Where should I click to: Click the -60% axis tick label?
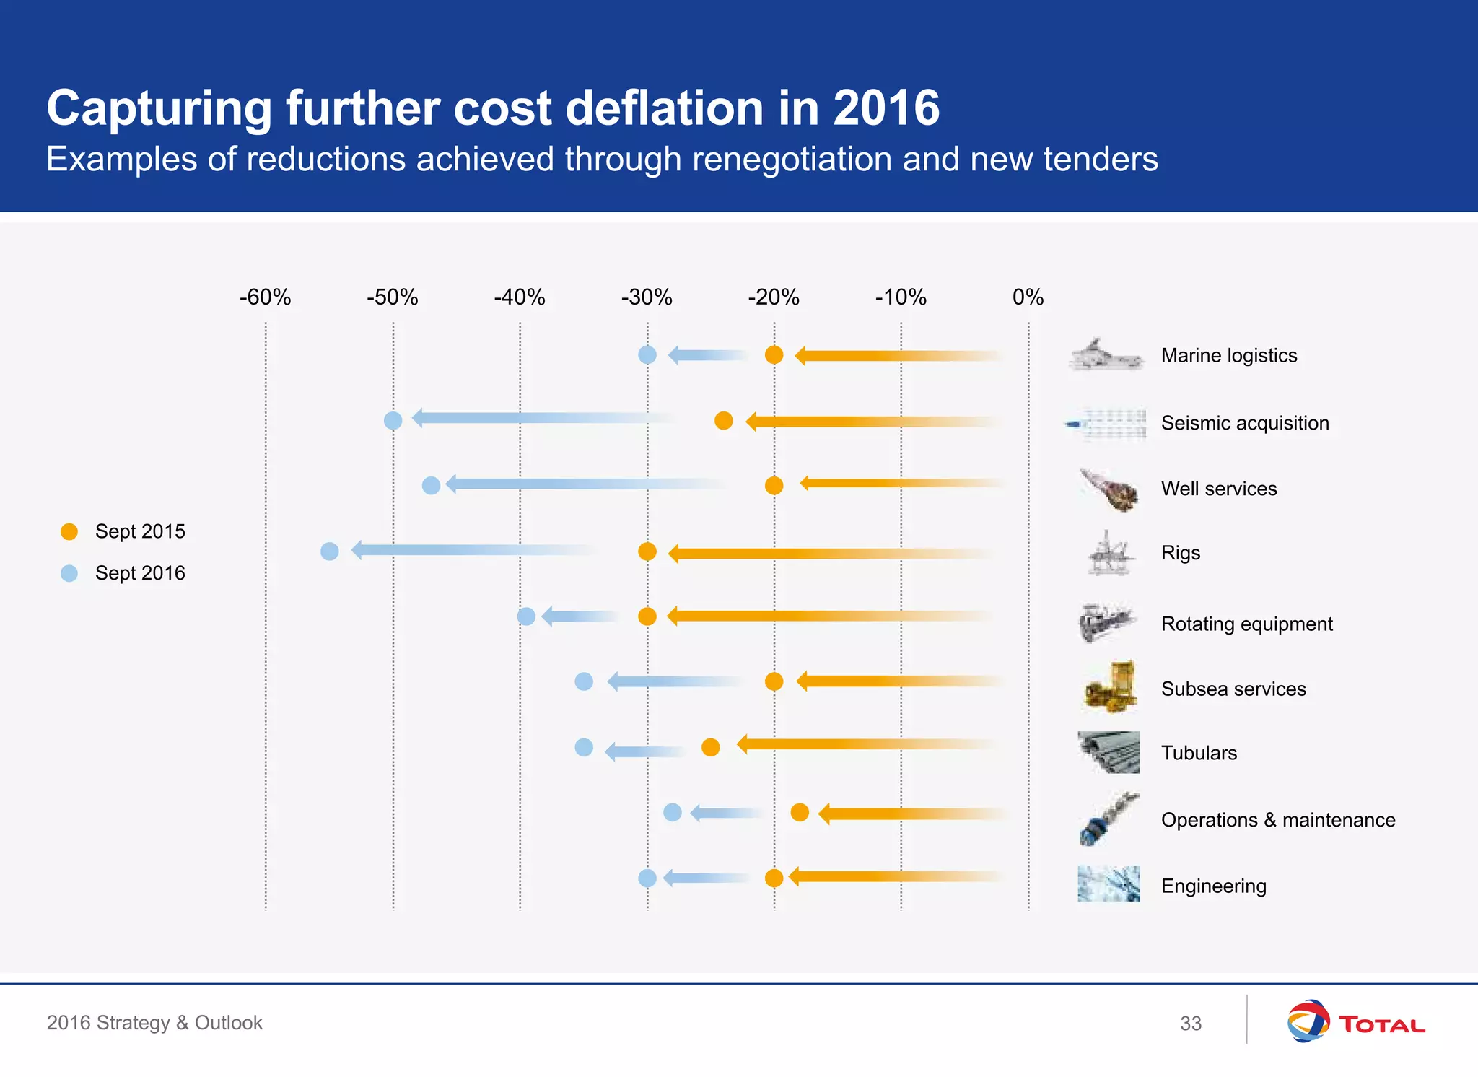265,297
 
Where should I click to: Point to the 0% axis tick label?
1028,297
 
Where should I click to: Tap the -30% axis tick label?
647,297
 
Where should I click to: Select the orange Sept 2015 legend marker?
69,532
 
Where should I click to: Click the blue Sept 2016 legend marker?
69,574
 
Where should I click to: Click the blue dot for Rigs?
329,551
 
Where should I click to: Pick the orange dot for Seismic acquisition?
723,421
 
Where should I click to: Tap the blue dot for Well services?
431,486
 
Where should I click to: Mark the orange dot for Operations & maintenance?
800,813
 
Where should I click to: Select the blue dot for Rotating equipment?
526,616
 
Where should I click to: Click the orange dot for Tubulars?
710,747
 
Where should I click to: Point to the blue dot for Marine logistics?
647,355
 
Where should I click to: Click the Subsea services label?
1233,689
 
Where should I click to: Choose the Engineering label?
1213,886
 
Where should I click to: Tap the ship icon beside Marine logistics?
1106,355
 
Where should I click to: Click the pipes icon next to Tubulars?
1108,752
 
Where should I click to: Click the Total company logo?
1355,1021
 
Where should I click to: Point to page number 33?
1191,1024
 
